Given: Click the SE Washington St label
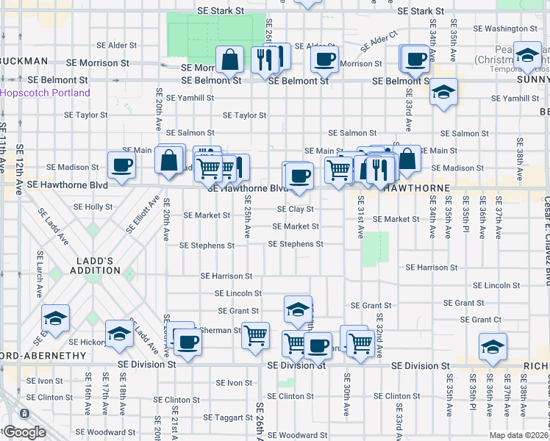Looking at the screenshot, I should coord(507,29).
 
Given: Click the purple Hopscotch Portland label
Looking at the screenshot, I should coord(45,93).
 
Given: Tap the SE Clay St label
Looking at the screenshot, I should coord(296,209).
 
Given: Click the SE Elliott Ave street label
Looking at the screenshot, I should coord(144,213).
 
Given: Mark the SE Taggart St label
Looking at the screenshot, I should coord(229,417).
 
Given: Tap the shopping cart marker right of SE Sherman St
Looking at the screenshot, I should coord(255,336).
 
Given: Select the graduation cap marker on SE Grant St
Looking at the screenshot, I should coord(298,309).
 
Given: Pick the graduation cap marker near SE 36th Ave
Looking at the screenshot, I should coord(493,346).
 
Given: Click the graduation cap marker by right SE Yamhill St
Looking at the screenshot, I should coord(443,93).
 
